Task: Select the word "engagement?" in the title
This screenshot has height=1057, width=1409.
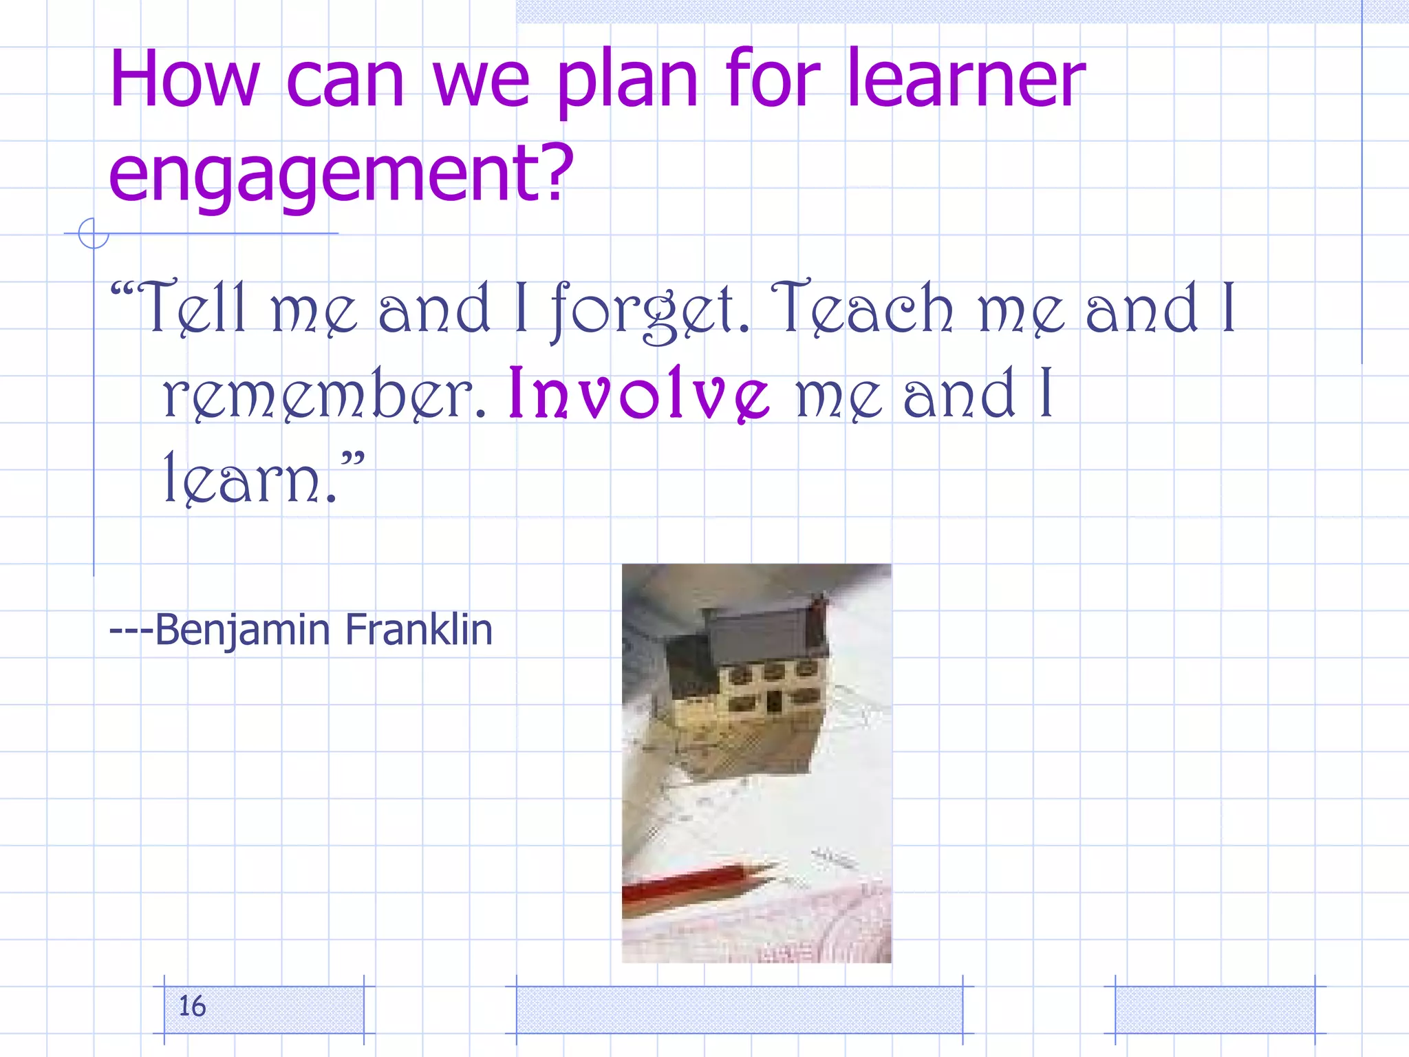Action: click(341, 172)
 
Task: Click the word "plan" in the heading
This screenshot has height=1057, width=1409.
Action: click(627, 83)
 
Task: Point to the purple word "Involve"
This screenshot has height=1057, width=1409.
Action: click(638, 394)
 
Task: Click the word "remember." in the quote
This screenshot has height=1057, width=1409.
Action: click(323, 395)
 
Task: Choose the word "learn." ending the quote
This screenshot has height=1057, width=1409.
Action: click(251, 478)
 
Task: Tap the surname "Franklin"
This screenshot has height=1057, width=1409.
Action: click(418, 629)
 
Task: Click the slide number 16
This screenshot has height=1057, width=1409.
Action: click(193, 1006)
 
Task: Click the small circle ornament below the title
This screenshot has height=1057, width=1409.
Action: click(93, 233)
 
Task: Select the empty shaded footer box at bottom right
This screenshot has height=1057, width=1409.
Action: click(1214, 1010)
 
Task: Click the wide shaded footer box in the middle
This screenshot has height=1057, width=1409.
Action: click(739, 1010)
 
